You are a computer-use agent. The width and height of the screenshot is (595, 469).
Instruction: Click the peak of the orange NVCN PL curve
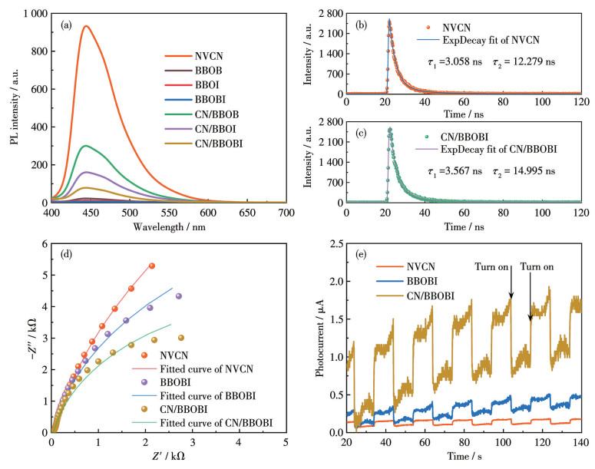pos(86,26)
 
